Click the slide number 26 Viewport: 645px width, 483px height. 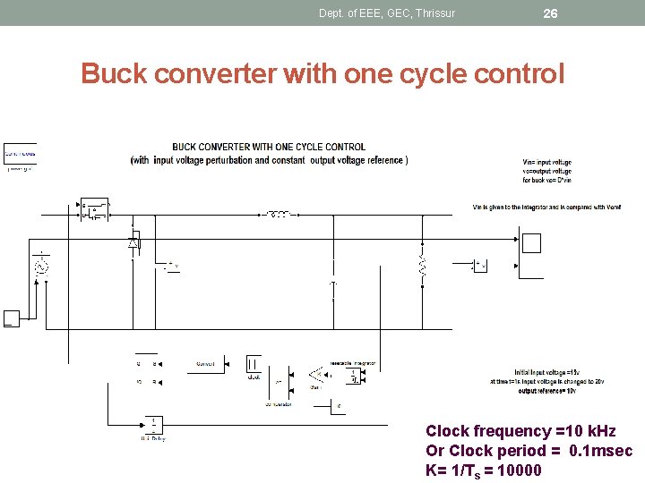[x=550, y=13]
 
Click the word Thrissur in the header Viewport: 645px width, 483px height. [x=434, y=13]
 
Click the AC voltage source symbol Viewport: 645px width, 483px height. [x=40, y=266]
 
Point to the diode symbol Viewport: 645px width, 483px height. [x=133, y=241]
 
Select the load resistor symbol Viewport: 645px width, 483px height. [x=422, y=266]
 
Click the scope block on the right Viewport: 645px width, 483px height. [x=531, y=243]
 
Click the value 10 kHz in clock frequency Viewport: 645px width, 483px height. [x=584, y=431]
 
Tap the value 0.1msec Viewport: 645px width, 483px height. [x=601, y=451]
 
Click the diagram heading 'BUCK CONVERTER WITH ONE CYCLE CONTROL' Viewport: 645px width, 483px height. [x=269, y=148]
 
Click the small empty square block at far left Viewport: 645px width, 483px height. [x=11, y=318]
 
